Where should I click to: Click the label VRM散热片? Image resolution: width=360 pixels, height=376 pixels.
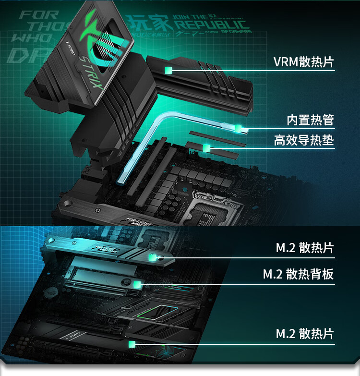point(303,62)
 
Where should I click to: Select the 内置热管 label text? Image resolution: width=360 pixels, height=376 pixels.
point(310,120)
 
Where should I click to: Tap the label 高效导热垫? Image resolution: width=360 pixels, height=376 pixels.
point(303,140)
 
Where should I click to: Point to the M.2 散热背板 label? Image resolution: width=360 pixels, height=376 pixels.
point(298,274)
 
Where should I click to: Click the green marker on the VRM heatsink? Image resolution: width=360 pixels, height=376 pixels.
point(168,71)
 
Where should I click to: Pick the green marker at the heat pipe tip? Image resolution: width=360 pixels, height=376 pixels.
point(239,128)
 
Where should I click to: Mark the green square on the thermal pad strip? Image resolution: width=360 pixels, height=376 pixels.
point(206,147)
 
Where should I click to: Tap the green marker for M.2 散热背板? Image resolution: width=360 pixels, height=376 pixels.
point(136,284)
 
